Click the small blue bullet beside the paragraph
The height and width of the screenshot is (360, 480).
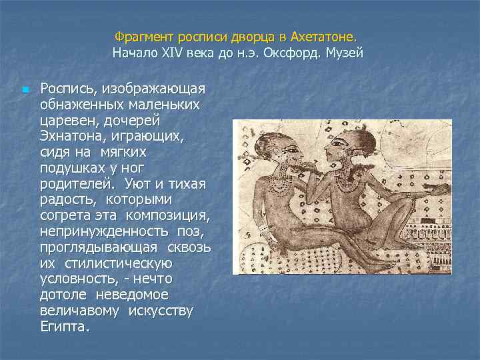pyautogui.click(x=24, y=89)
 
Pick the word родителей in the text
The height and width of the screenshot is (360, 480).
pyautogui.click(x=71, y=182)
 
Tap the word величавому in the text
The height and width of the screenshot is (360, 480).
pyautogui.click(x=79, y=311)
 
